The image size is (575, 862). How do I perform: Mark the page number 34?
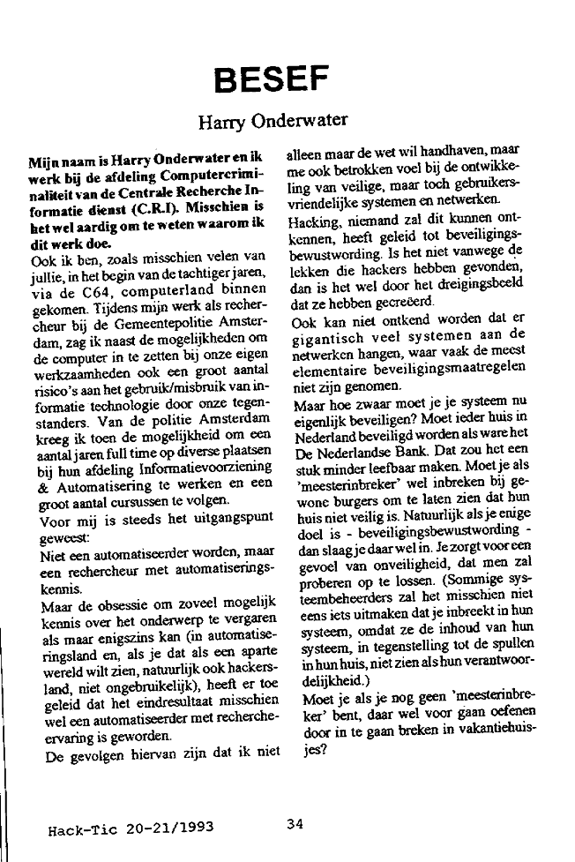tap(295, 825)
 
